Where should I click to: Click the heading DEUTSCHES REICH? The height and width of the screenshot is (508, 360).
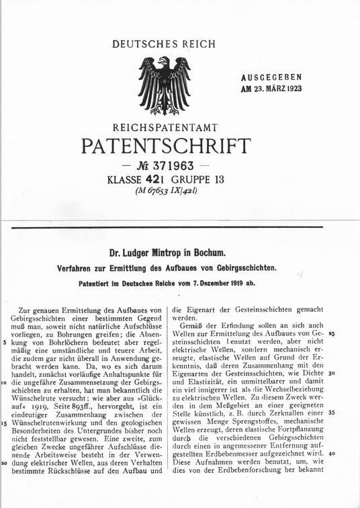[x=164, y=44]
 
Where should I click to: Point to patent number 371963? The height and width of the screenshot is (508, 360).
[x=172, y=165]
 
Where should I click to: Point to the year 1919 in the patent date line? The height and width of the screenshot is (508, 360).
[x=225, y=283]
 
